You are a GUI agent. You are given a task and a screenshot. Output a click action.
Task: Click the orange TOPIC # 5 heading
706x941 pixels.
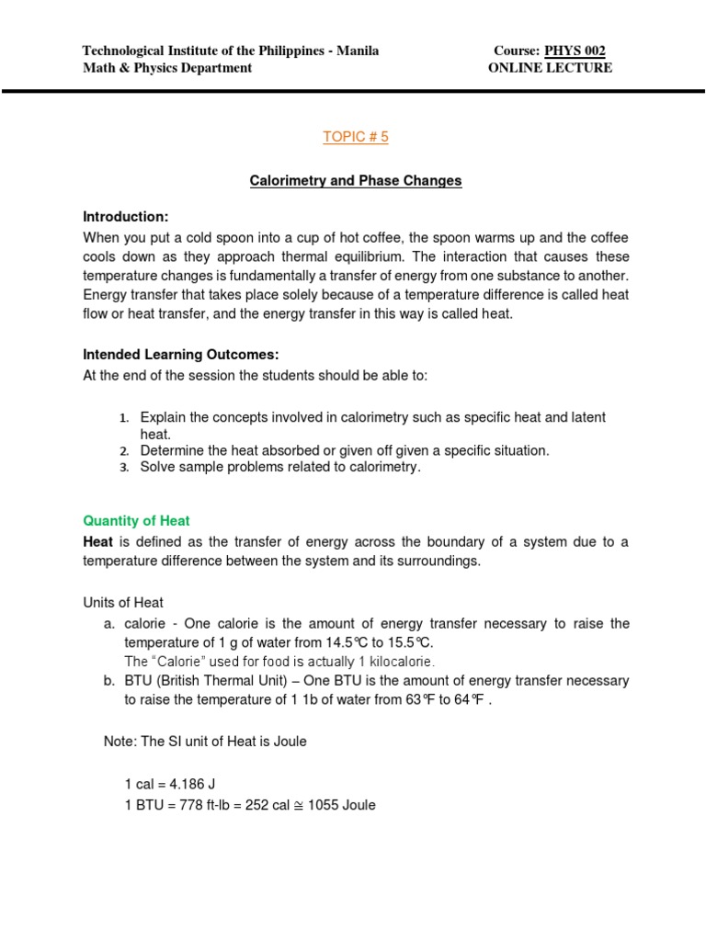coord(356,137)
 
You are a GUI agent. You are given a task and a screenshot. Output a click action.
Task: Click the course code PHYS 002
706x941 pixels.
coord(575,51)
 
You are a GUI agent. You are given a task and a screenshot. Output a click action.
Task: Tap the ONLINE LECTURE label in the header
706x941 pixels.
coord(550,68)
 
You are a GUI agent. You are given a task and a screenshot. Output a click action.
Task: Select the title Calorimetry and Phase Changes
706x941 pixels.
coord(356,181)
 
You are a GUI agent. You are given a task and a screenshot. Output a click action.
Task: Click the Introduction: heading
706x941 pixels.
coord(126,217)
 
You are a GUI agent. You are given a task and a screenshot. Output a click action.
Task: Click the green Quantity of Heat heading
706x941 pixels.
coord(136,520)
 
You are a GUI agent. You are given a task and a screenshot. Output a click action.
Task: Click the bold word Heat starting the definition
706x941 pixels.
coord(98,542)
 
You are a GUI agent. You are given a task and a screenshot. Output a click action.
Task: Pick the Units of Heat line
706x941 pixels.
coord(123,603)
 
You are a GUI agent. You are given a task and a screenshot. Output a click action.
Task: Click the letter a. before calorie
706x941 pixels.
coord(110,624)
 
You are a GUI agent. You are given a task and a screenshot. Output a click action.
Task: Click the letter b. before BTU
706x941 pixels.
coord(110,681)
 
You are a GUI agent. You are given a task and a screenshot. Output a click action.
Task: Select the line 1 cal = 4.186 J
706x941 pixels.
coord(170,784)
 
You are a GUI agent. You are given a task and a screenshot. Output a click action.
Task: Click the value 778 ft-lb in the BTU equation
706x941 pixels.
coord(194,805)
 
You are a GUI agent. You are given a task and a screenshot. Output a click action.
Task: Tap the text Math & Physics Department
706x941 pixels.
coord(167,68)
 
